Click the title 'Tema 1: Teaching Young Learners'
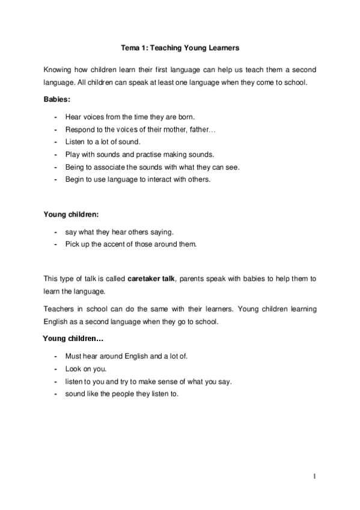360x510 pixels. point(180,46)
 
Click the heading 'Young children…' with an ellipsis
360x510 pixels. point(73,339)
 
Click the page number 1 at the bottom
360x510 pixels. point(314,476)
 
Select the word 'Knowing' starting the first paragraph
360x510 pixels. point(59,70)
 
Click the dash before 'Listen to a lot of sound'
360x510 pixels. point(55,142)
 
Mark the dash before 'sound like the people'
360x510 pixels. point(55,394)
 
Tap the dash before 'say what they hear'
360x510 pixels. point(55,232)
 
